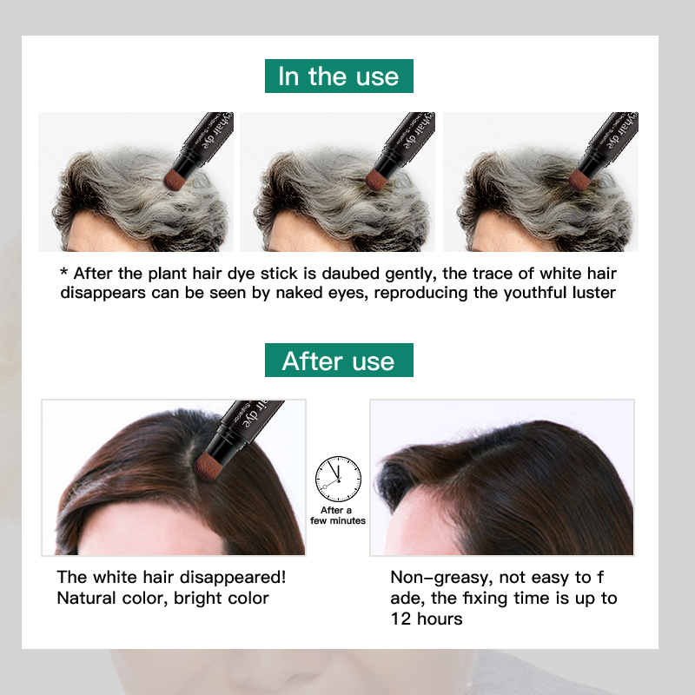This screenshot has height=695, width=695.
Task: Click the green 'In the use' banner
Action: (x=339, y=76)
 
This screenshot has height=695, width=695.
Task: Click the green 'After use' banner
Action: (x=339, y=360)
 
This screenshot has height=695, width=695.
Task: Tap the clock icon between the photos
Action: (x=338, y=480)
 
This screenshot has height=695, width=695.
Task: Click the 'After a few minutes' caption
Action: (x=338, y=515)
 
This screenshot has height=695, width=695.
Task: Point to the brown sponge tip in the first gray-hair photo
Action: (x=176, y=179)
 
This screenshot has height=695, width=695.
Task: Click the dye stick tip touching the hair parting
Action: (x=208, y=466)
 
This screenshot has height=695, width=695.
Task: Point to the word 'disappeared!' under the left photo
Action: (x=233, y=578)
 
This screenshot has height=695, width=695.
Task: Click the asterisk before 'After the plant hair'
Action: (x=63, y=271)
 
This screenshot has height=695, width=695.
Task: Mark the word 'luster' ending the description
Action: (x=594, y=293)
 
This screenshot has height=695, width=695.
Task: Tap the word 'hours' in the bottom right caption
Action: (x=440, y=619)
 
